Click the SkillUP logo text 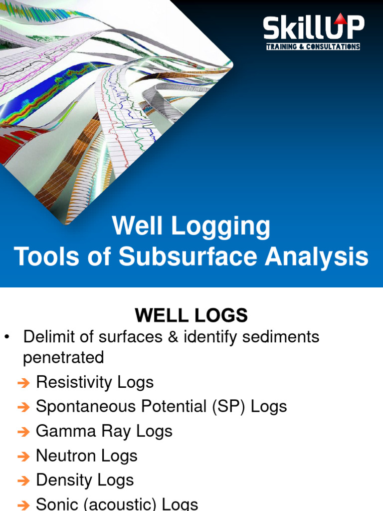coord(314,28)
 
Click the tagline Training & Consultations coord(313,47)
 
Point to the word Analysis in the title coord(317,257)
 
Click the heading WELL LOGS coord(191,315)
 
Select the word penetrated coord(63,358)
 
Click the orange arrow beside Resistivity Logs coord(23,383)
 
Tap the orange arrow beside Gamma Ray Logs coord(23,432)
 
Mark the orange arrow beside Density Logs coord(23,481)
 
